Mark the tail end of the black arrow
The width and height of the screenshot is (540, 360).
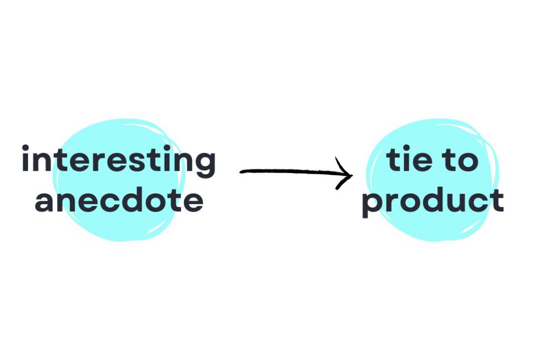coord(240,172)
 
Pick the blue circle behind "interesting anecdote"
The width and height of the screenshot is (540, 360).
coord(119,180)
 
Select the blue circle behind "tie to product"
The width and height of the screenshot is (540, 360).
coord(432,180)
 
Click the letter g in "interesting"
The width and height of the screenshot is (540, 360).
coord(205,165)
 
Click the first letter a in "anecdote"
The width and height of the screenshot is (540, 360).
coord(45,202)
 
